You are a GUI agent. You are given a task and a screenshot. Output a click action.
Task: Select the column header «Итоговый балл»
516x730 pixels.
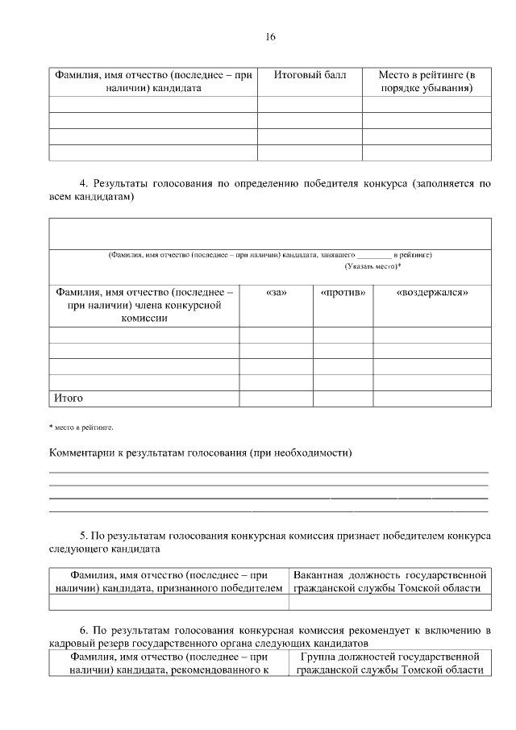tap(310, 75)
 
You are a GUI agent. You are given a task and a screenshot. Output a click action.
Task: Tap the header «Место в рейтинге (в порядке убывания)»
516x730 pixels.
tap(427, 81)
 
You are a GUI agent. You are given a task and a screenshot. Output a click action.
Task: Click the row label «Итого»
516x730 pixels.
tap(69, 398)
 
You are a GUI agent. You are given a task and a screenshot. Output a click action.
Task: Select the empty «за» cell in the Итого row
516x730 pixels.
tap(276, 398)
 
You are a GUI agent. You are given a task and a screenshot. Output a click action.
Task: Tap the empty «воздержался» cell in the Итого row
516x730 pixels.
tap(432, 398)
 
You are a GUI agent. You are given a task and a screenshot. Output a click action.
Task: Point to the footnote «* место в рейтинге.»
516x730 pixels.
tap(81, 425)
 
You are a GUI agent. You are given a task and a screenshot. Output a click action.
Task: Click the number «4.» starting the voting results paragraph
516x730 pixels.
tap(83, 183)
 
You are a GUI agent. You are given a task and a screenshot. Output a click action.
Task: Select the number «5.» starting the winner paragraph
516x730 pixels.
tap(83, 536)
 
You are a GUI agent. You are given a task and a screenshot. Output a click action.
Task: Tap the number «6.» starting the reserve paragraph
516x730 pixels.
tap(83, 629)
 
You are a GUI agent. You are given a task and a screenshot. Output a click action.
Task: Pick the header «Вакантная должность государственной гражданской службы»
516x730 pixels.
tap(390, 582)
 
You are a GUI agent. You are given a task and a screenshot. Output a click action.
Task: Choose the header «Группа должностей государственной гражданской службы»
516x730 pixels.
tap(390, 663)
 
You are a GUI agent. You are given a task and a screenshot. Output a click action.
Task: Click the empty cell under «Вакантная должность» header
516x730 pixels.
tap(390, 602)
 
